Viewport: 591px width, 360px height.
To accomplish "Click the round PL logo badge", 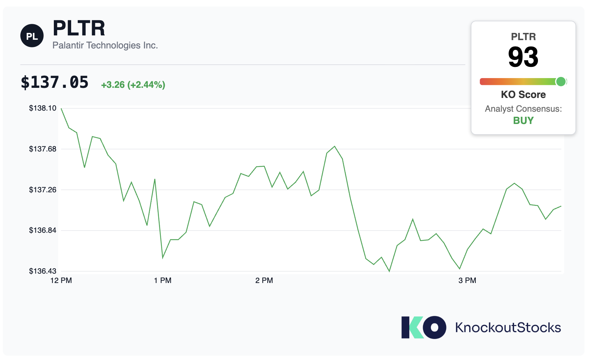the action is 32,36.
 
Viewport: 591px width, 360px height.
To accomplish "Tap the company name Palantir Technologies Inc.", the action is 105,46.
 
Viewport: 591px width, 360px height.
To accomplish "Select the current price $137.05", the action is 55,82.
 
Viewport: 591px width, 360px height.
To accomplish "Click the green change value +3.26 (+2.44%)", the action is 133,85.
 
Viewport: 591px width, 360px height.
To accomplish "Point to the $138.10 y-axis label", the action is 43,108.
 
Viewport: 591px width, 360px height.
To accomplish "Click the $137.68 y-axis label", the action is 43,149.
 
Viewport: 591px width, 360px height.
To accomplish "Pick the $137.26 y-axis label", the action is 43,190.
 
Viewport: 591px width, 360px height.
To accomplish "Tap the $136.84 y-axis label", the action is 43,230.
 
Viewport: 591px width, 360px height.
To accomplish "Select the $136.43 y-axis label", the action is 43,271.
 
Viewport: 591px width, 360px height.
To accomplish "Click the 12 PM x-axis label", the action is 61,280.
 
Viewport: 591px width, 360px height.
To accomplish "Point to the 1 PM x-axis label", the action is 163,280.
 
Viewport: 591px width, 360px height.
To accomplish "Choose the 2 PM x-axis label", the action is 264,280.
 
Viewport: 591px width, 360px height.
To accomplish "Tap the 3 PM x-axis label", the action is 467,280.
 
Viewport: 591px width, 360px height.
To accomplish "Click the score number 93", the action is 523,57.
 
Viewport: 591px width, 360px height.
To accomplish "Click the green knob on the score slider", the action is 561,82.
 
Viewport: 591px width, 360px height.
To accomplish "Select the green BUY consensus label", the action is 523,121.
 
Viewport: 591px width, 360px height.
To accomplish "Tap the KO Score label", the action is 523,94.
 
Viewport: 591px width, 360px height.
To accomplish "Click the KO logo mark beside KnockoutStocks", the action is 424,327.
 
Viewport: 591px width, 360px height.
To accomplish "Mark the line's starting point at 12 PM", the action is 61,108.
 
